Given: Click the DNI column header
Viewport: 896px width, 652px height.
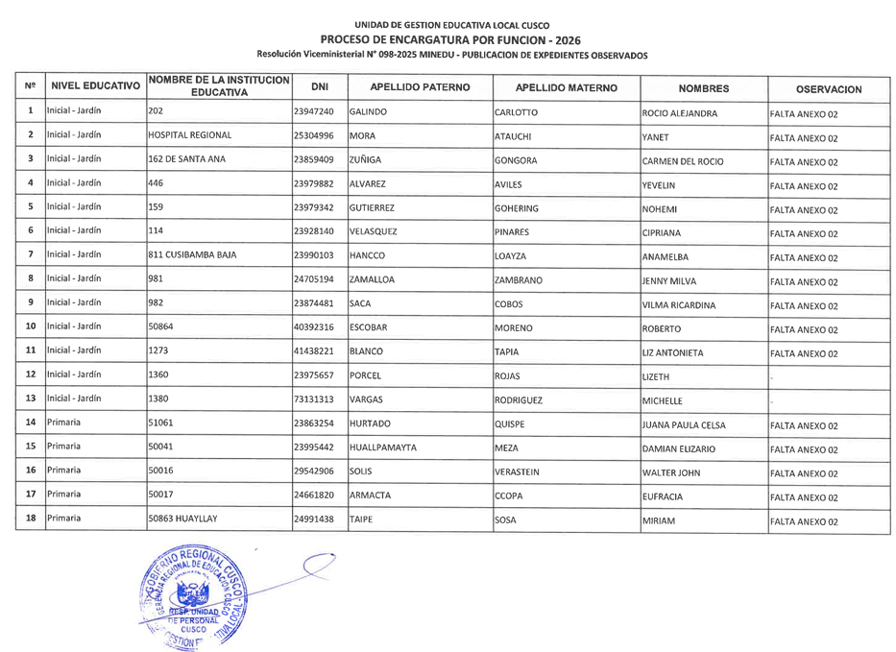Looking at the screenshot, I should pos(313,87).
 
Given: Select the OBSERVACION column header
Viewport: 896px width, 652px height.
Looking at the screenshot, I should pos(828,89).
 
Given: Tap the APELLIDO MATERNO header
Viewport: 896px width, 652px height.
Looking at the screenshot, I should pos(566,87).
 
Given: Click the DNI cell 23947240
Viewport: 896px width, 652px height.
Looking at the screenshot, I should pos(313,112).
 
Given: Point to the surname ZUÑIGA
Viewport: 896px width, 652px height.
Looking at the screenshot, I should pos(369,160).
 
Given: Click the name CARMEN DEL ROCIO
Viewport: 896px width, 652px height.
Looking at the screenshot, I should pos(682,160).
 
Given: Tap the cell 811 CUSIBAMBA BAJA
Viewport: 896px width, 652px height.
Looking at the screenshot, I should pos(192,256).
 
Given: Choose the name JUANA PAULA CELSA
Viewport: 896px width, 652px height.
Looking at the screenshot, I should pos(684,424).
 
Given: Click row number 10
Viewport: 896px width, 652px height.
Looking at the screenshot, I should pos(31,327).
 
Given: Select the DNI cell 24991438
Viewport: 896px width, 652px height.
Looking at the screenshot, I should pos(313,519).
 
